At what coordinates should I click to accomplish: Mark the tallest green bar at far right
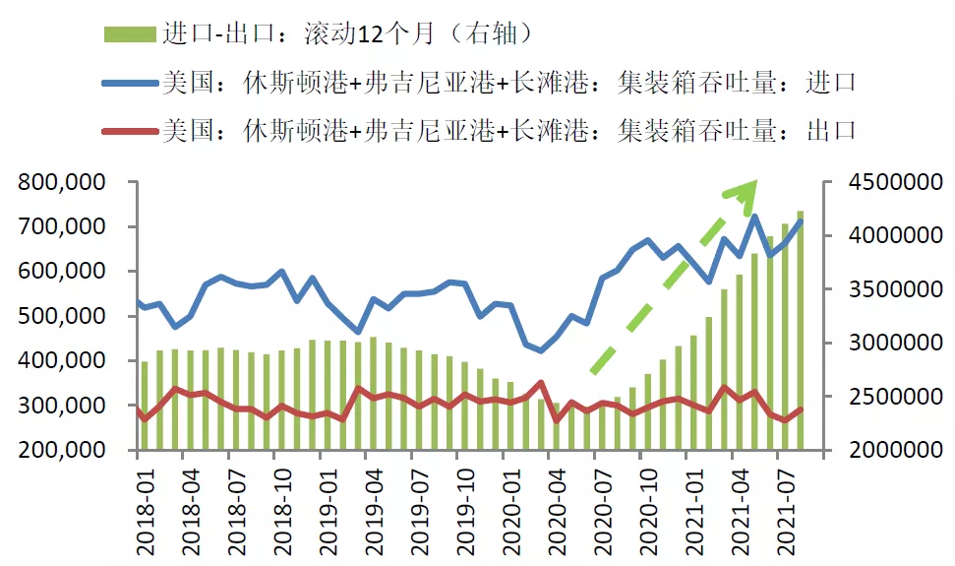800,330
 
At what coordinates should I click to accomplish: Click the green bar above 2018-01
145,406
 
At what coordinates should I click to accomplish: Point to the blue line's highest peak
754,216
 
